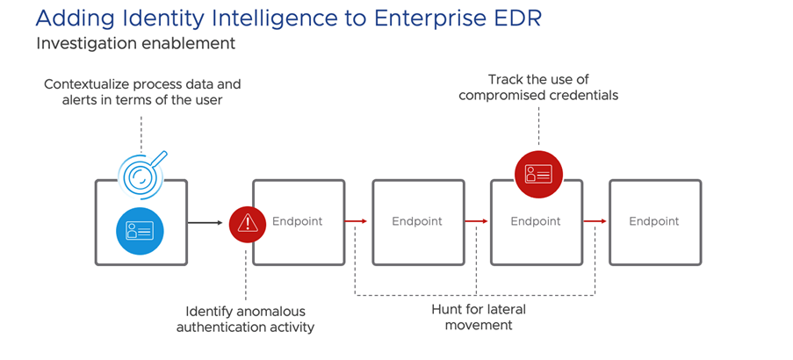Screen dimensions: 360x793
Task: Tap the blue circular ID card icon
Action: click(141, 230)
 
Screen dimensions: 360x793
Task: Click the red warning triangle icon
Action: click(247, 223)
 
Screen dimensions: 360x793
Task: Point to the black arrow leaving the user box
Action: click(206, 222)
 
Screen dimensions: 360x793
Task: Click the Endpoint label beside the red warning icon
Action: click(297, 221)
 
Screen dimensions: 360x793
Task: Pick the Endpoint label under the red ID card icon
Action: click(536, 221)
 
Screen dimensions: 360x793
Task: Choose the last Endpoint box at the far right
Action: click(654, 221)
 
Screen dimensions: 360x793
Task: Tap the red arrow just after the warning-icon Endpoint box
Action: click(356, 222)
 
